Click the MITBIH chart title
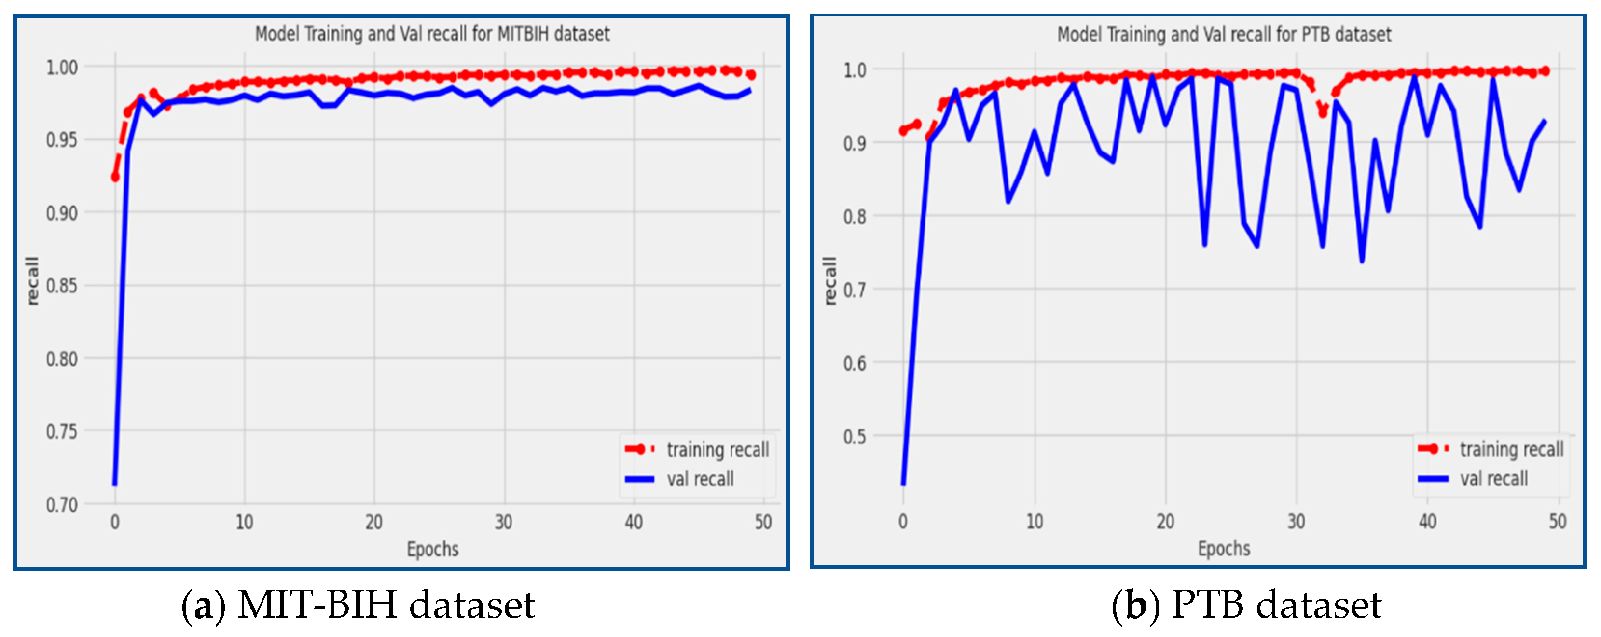coord(432,34)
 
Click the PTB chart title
coord(1224,34)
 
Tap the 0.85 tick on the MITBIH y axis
coord(62,286)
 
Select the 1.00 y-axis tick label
coord(62,67)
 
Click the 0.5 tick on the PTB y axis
coord(854,436)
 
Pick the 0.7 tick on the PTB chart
coord(854,290)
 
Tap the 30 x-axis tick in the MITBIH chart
coord(503,522)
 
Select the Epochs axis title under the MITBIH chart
coord(432,549)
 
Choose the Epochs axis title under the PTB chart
coord(1224,549)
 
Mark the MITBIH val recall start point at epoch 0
coord(114,484)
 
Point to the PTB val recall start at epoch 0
coord(903,484)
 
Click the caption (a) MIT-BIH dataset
coord(358,605)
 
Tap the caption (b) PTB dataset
coord(1246,605)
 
